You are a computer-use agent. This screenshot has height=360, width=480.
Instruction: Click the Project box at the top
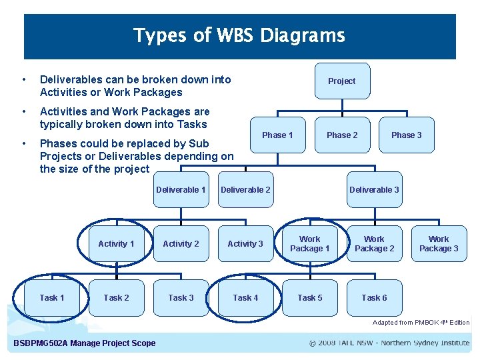click(341, 81)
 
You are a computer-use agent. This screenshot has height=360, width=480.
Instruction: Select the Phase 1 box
click(277, 135)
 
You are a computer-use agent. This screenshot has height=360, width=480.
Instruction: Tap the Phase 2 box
click(342, 135)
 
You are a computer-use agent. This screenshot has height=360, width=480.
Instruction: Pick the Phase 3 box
click(407, 135)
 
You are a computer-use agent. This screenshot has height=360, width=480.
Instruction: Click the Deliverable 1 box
click(181, 190)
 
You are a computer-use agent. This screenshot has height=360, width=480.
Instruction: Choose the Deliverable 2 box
click(245, 190)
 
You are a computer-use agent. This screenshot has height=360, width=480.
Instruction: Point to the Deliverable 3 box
click(374, 190)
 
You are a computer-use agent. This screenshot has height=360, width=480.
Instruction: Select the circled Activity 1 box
click(116, 244)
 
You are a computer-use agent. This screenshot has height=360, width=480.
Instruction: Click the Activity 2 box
click(181, 244)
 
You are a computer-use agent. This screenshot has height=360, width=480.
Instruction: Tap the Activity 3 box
click(245, 244)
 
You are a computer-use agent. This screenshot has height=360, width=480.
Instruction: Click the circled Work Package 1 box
click(309, 244)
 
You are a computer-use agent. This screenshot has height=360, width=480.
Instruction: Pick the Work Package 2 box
click(374, 244)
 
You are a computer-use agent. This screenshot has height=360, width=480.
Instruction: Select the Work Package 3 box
click(439, 244)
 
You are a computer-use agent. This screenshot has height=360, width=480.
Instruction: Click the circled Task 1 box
click(52, 298)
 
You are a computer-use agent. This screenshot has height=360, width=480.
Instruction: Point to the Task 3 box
click(181, 298)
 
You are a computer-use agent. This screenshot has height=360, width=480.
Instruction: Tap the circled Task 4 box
click(245, 298)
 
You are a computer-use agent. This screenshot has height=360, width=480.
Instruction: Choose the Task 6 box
click(374, 298)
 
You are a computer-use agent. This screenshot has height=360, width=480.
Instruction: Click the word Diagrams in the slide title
click(303, 35)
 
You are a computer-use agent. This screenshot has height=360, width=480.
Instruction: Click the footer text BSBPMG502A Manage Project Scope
click(85, 343)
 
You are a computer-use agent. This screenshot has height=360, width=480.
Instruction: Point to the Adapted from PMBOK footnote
click(421, 323)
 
